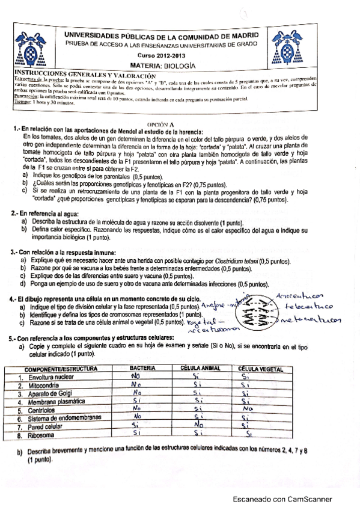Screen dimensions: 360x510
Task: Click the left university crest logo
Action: (26, 51)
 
